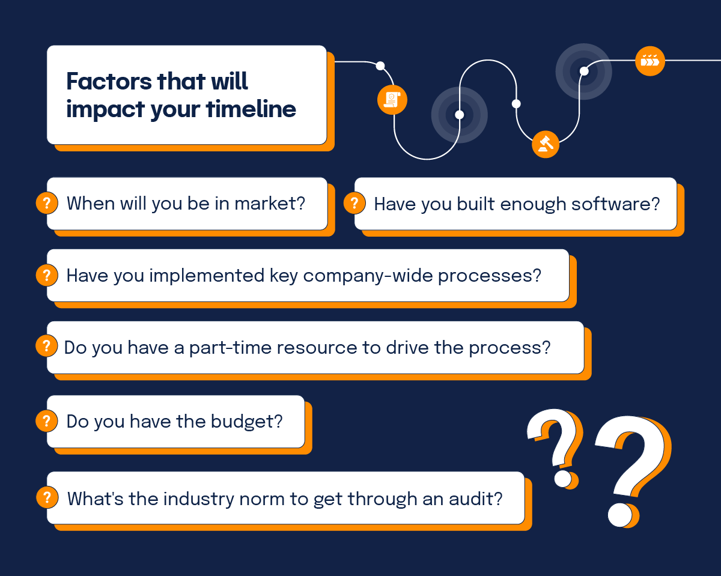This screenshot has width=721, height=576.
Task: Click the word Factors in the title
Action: (x=109, y=81)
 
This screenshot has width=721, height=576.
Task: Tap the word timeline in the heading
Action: (x=251, y=109)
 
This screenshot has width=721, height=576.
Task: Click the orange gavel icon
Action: (x=546, y=144)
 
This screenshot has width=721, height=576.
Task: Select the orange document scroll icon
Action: (x=392, y=100)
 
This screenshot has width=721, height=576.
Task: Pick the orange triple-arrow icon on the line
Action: (x=650, y=61)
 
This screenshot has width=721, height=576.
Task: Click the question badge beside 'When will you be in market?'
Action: (x=47, y=203)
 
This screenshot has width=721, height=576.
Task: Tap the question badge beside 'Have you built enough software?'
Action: (x=354, y=203)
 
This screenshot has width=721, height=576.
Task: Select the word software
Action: (x=615, y=204)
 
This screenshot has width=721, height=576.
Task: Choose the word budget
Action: (x=246, y=421)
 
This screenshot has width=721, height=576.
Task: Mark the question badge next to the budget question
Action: (x=47, y=421)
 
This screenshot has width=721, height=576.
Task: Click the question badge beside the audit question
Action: (x=47, y=497)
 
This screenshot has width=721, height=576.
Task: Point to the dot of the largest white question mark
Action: (x=620, y=514)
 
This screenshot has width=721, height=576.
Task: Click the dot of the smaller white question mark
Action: (x=563, y=479)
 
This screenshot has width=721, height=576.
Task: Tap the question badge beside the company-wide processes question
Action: (x=47, y=275)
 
